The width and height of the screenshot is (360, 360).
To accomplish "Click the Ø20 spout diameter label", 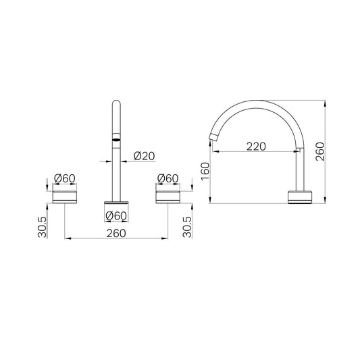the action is coord(144,156).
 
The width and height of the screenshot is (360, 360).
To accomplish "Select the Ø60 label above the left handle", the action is coord(65,178).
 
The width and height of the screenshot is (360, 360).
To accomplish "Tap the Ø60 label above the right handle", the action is coord(168,178).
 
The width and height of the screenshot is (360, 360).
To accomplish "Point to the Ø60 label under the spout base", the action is coord(116,216).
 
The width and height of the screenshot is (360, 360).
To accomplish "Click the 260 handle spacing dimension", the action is coord(116,234).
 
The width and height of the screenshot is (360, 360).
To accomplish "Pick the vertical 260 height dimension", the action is coord(320,151).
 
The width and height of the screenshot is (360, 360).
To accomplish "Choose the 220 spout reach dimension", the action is coord(256,147).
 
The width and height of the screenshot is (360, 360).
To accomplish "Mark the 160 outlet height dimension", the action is coord(205,172).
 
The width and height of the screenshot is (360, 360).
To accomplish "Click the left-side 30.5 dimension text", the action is coord(43,227).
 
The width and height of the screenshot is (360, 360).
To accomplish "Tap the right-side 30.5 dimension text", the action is coord(187,227).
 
